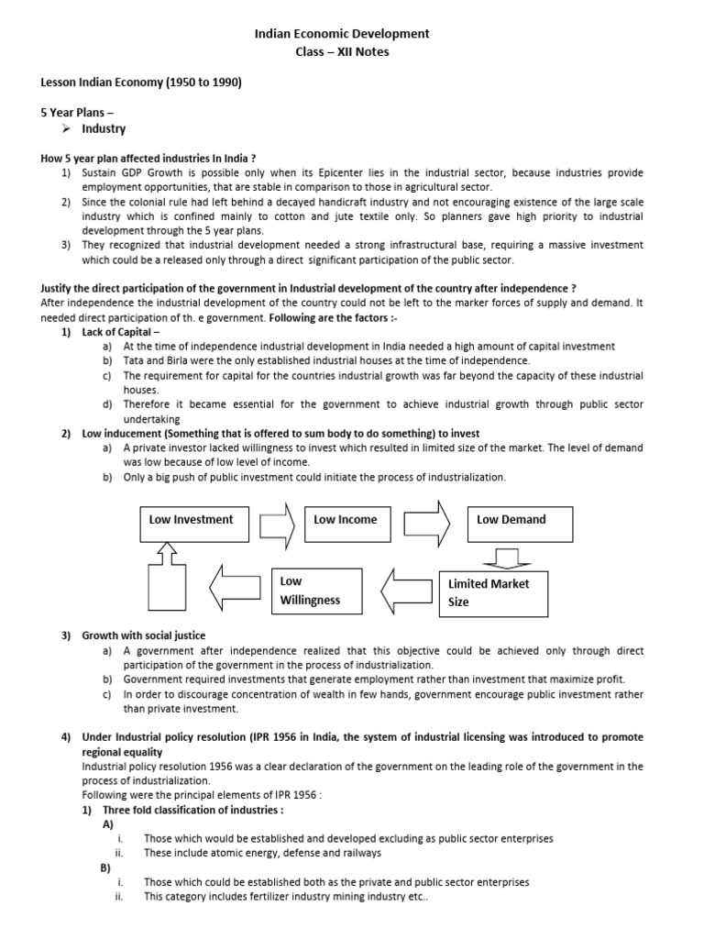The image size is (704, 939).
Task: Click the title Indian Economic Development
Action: coord(341,34)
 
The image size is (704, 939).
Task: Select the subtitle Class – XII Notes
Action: coord(341,52)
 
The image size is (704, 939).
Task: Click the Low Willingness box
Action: coord(320,591)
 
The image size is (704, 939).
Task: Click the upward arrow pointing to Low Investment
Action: coord(166,553)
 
